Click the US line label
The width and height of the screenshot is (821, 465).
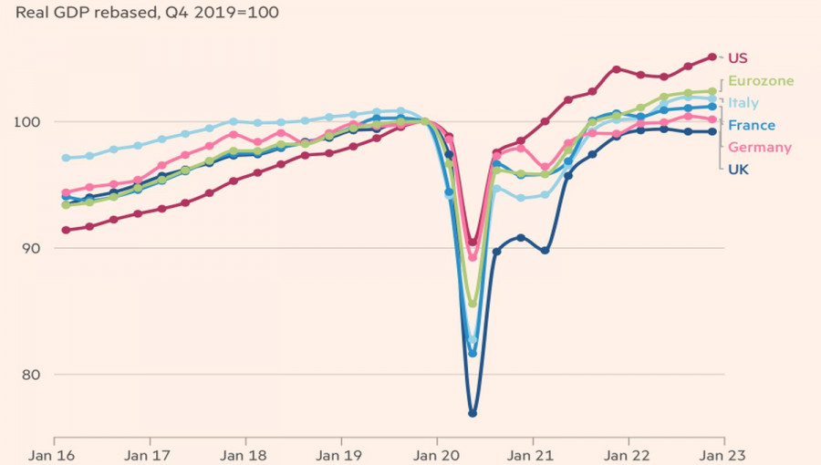(x=738, y=57)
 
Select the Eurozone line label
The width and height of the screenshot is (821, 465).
(x=761, y=80)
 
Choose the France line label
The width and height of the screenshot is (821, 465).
(x=752, y=125)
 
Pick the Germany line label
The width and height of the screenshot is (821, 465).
(x=759, y=147)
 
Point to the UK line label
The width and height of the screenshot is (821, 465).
(x=738, y=169)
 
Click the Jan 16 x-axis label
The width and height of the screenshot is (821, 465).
(x=55, y=453)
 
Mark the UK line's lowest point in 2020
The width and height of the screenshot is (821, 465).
(x=473, y=413)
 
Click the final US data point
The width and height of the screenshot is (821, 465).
(x=712, y=57)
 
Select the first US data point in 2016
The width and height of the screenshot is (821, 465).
(x=66, y=230)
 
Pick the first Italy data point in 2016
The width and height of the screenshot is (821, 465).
(x=66, y=158)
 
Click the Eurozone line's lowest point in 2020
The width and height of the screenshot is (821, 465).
(x=473, y=304)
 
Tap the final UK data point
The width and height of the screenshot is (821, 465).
(x=712, y=131)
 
